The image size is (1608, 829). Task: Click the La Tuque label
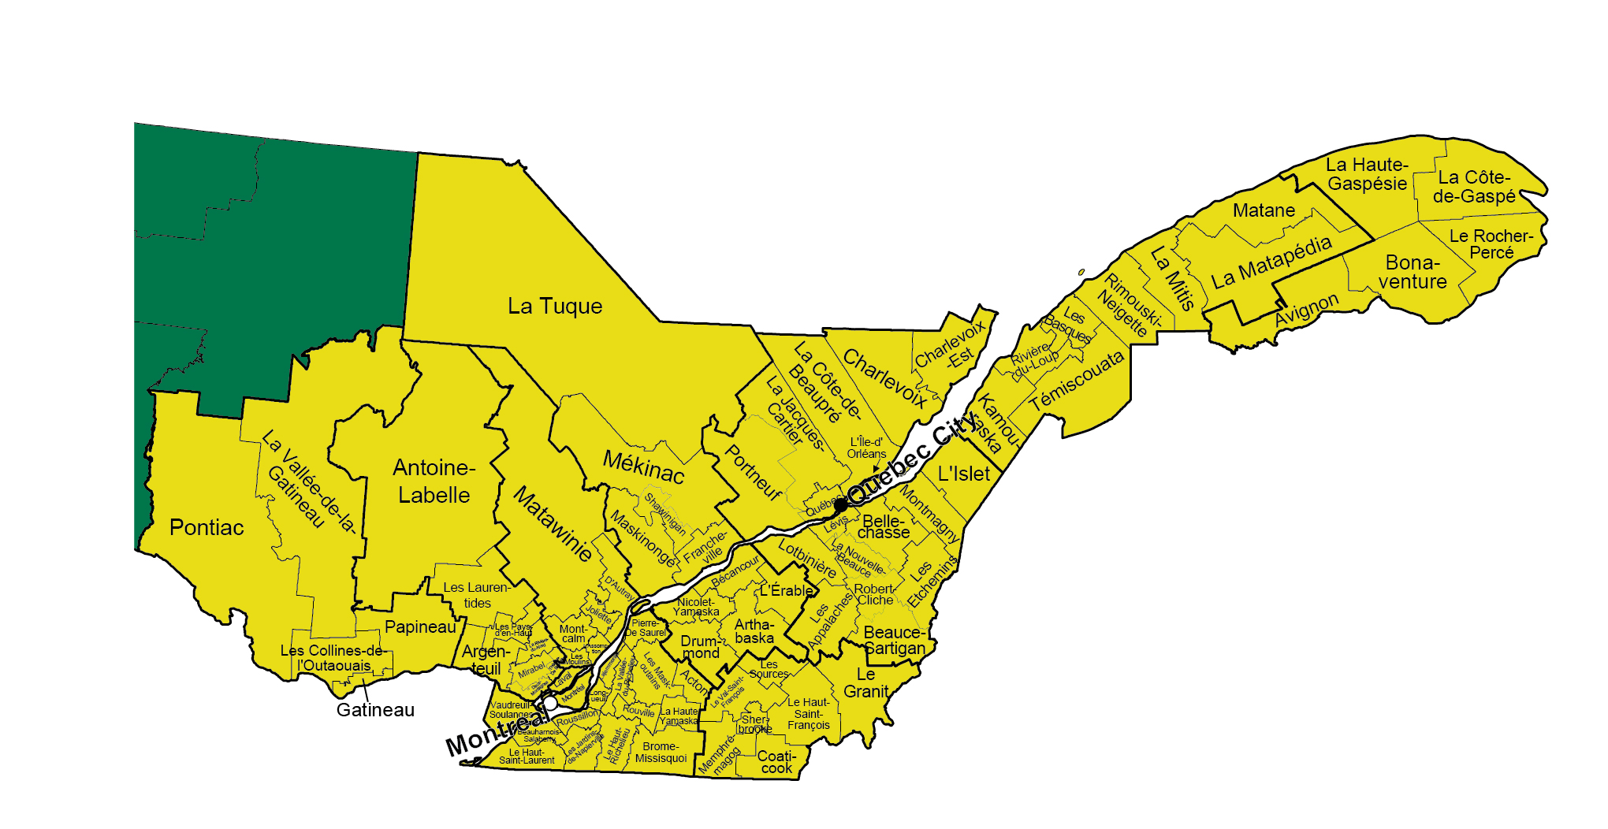coord(555,307)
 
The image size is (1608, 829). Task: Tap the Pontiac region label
coord(207,527)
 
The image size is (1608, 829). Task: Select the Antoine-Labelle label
coord(434,481)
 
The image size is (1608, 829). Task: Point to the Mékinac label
coord(643,467)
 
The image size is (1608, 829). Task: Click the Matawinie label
coord(553,524)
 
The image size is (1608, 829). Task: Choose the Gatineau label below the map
coord(375,710)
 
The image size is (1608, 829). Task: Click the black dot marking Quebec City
coord(841,504)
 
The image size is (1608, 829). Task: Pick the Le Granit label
coord(866,683)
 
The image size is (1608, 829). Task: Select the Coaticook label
coord(776,762)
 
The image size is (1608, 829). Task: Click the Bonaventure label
coord(1413,272)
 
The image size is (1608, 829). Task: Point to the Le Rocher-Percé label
coord(1491,244)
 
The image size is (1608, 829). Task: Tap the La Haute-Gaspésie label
coord(1367,174)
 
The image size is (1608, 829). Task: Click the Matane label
coord(1264,210)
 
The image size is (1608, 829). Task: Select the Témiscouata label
coord(1078,381)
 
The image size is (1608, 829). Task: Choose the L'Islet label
coord(963,474)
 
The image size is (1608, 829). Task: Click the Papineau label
coord(420,627)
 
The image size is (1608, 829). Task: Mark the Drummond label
coord(700,647)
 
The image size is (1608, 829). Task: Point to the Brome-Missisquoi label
coord(661,753)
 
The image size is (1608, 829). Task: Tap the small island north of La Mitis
coord(1081,272)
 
